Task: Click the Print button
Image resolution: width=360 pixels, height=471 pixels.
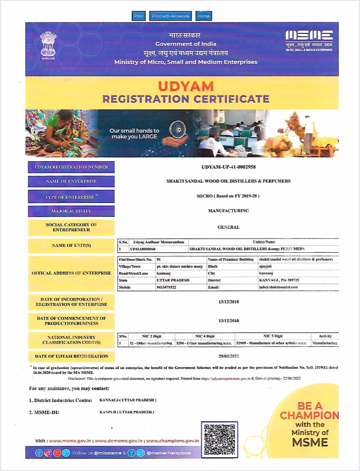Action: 139,16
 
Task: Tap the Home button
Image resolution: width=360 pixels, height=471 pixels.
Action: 203,16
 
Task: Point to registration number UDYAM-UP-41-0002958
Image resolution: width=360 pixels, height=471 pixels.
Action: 228,168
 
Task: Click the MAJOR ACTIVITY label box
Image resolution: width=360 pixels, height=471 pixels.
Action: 72,211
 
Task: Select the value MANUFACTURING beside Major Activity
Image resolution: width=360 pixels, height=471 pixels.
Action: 228,211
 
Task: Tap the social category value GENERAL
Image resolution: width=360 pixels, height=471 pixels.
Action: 228,227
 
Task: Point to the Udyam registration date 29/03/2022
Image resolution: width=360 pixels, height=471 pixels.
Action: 228,356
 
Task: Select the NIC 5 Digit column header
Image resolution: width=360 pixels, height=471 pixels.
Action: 273,336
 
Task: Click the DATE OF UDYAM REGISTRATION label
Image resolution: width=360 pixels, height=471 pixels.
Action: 72,356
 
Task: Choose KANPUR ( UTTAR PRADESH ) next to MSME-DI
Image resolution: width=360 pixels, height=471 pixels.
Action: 127,411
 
